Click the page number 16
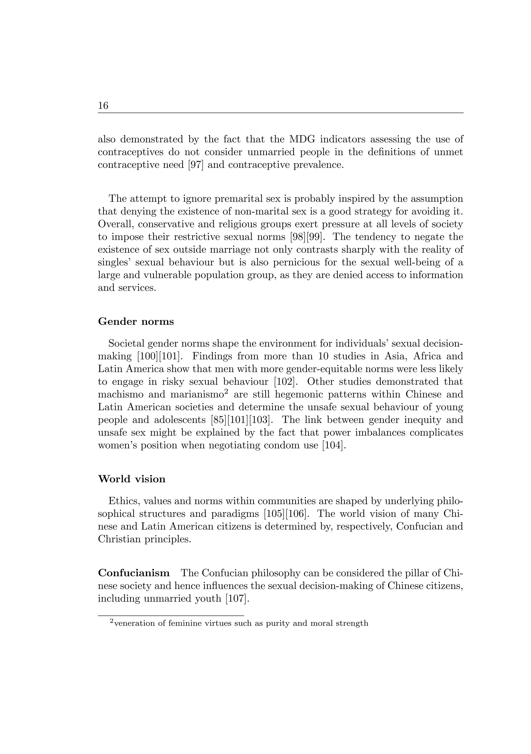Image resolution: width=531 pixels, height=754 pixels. tap(103, 106)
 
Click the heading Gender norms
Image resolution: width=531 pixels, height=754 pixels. tap(136, 321)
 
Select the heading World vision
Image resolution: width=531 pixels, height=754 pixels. tap(131, 479)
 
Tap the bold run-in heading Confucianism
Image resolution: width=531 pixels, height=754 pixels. tap(134, 573)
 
